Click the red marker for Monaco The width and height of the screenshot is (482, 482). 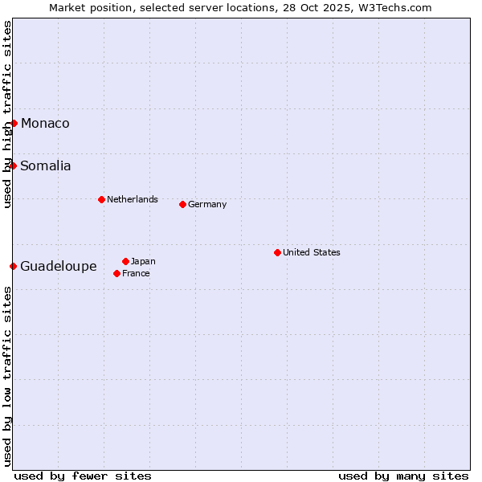14,123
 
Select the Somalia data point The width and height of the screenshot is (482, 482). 13,165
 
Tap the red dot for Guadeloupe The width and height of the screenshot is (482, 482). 13,266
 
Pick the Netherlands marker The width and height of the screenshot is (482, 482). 101,199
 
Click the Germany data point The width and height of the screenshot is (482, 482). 182,204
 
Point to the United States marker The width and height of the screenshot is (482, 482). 277,252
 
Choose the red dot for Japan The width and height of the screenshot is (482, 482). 125,261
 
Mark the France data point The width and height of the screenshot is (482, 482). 116,273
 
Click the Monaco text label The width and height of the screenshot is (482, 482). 45,123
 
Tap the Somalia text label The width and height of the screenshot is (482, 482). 46,165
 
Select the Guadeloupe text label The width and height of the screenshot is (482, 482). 59,266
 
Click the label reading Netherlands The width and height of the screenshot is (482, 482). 133,199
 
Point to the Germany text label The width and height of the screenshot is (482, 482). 207,204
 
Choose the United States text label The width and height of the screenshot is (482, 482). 312,252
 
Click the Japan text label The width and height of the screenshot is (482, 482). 143,261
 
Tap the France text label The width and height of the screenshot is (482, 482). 136,273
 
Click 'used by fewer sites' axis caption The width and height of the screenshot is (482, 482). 83,476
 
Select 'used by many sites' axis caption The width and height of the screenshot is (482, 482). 403,476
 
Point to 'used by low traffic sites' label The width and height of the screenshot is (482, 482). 8,375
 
